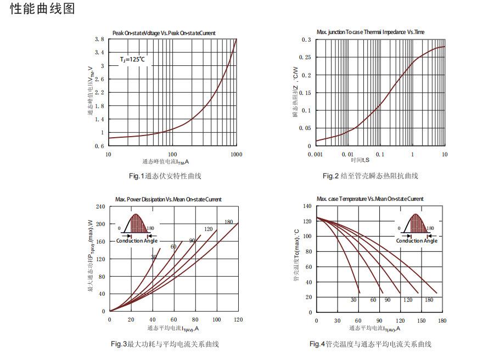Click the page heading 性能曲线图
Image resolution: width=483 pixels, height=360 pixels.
pyautogui.click(x=42, y=9)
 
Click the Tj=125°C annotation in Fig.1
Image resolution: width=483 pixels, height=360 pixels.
pyautogui.click(x=133, y=59)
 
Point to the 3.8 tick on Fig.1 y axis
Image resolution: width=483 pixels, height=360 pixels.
pyautogui.click(x=99, y=40)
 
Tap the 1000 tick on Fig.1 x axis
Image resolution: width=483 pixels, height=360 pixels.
pyautogui.click(x=236, y=155)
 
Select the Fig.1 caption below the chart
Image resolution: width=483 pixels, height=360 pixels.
pyautogui.click(x=165, y=176)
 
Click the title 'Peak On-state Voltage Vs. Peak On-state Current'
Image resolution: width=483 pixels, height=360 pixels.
pyautogui.click(x=164, y=33)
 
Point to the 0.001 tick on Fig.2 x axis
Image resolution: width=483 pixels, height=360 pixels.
pyautogui.click(x=316, y=155)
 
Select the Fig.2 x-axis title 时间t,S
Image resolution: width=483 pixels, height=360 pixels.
pyautogui.click(x=360, y=160)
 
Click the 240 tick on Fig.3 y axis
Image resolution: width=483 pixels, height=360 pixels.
pyautogui.click(x=100, y=206)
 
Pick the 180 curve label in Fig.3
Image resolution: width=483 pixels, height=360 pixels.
pyautogui.click(x=228, y=222)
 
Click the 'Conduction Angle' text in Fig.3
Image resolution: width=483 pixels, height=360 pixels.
pyautogui.click(x=137, y=241)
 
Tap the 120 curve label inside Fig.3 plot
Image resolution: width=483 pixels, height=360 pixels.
pyautogui.click(x=209, y=229)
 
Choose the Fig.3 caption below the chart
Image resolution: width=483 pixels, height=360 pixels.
pyautogui.click(x=165, y=344)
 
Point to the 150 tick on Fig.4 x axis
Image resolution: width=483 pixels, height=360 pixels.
pyautogui.click(x=421, y=320)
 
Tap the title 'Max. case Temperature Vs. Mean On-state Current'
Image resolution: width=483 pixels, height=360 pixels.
pyautogui.click(x=370, y=199)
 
